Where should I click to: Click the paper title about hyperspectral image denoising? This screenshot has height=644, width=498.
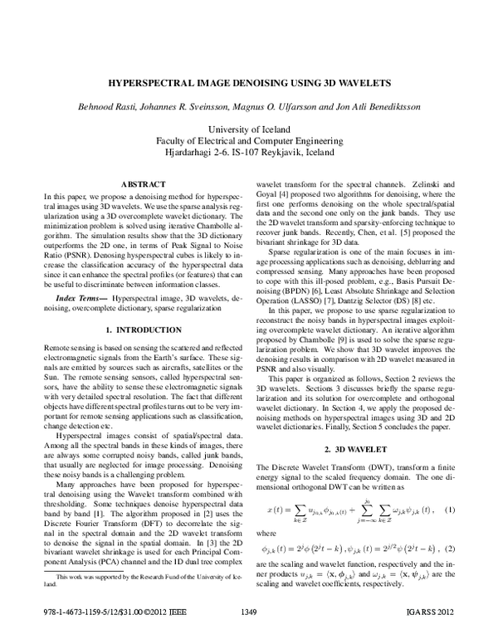(x=248, y=84)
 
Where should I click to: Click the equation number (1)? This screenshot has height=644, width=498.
(x=451, y=509)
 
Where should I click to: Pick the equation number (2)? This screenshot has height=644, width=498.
(x=451, y=549)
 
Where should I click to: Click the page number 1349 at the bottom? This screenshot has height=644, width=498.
(x=248, y=636)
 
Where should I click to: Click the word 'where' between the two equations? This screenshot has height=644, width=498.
(x=266, y=532)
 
